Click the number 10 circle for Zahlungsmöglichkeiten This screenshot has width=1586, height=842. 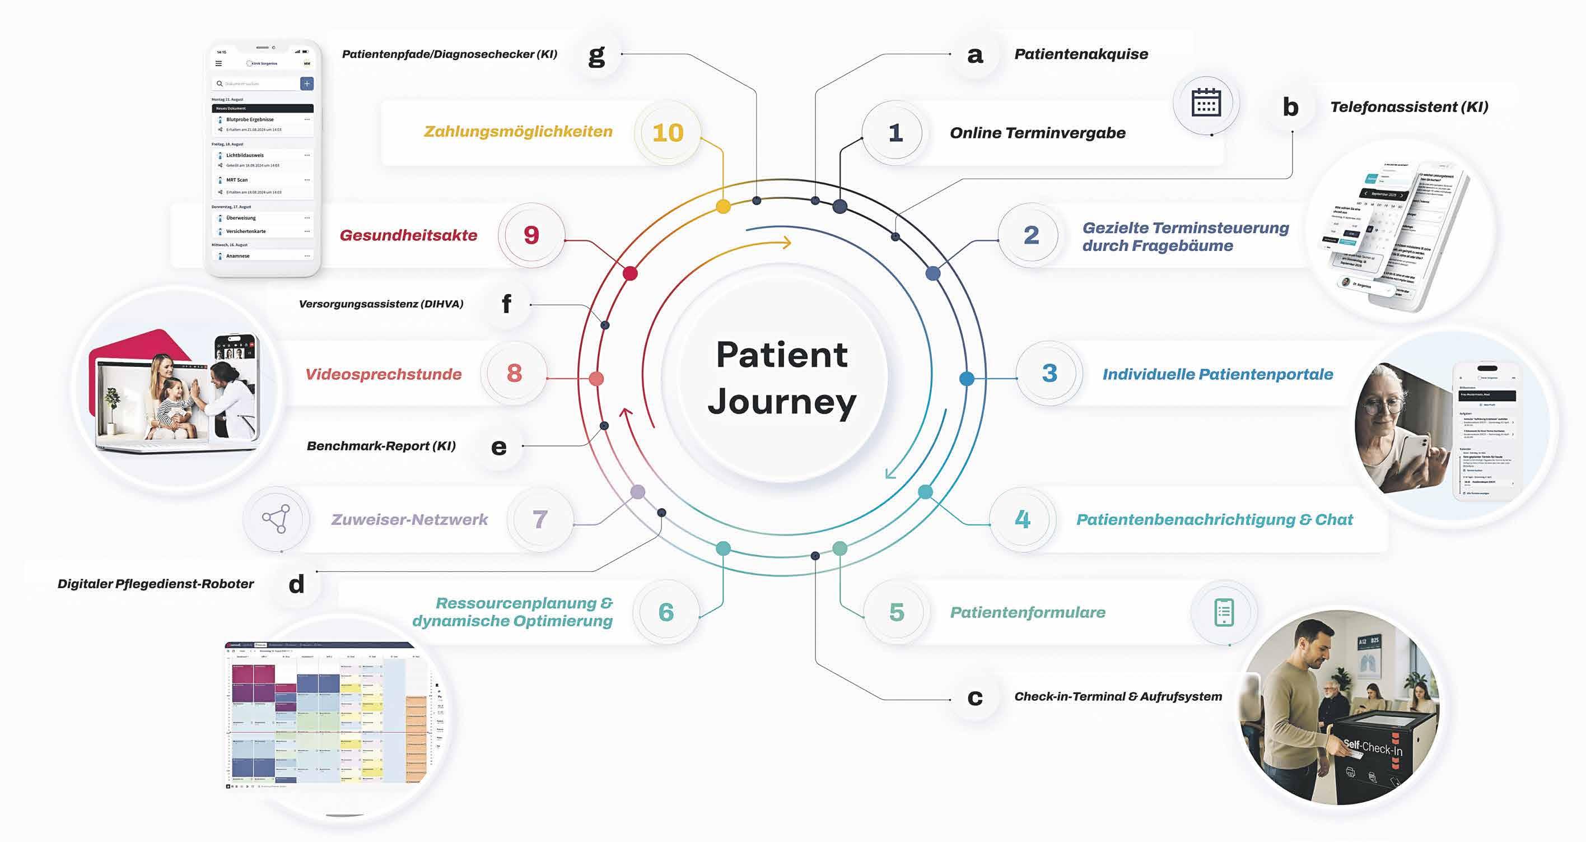pos(668,132)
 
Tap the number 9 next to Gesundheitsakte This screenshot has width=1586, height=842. pos(531,235)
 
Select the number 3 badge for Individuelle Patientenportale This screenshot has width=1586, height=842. pos(1049,373)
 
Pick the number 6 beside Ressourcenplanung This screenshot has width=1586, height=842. pos(666,612)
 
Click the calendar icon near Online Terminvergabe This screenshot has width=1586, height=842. pos(1206,103)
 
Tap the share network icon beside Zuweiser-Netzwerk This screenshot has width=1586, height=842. pos(277,519)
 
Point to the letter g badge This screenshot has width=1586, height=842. pos(596,55)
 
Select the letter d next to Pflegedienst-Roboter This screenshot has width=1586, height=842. pos(297,583)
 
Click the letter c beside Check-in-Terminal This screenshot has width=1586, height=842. pos(974,697)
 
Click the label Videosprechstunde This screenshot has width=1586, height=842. pos(384,374)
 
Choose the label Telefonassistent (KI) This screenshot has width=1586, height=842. pos(1408,107)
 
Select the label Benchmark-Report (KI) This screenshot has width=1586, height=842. pos(381,446)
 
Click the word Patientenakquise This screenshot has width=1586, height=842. pos(1081,54)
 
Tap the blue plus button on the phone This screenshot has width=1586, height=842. pos(306,83)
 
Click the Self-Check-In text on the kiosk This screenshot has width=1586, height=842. pos(1373,747)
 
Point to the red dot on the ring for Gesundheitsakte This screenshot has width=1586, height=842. pos(630,273)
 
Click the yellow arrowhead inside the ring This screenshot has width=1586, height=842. pos(786,243)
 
